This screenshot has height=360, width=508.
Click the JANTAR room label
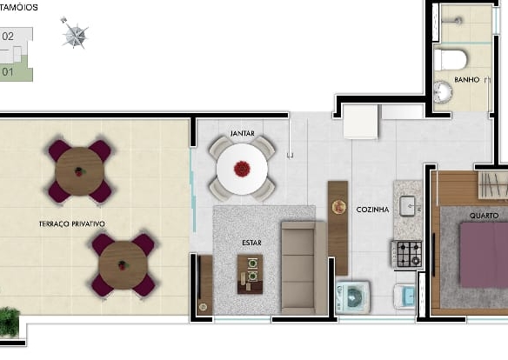tap(243, 133)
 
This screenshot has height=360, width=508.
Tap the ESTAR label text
tap(251, 243)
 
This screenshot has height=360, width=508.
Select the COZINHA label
tap(372, 210)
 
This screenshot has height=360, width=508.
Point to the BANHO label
tap(467, 80)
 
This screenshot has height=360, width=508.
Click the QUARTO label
tap(484, 216)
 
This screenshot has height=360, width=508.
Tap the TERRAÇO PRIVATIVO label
tap(72, 224)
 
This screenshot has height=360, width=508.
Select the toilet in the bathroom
tap(451, 60)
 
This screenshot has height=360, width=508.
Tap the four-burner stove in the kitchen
tap(408, 254)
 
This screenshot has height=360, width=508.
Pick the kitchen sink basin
tap(408, 206)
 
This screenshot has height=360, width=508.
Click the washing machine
tap(352, 297)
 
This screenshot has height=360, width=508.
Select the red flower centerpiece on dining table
tap(242, 169)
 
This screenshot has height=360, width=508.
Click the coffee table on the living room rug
tap(250, 274)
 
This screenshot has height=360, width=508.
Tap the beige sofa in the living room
tap(304, 268)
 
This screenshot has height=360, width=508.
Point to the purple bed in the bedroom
tap(484, 255)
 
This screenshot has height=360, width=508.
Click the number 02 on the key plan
tap(8, 37)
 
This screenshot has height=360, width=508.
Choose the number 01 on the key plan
tap(8, 72)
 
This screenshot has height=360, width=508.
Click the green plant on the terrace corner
tap(9, 322)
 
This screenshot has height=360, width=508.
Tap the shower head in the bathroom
tap(458, 20)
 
